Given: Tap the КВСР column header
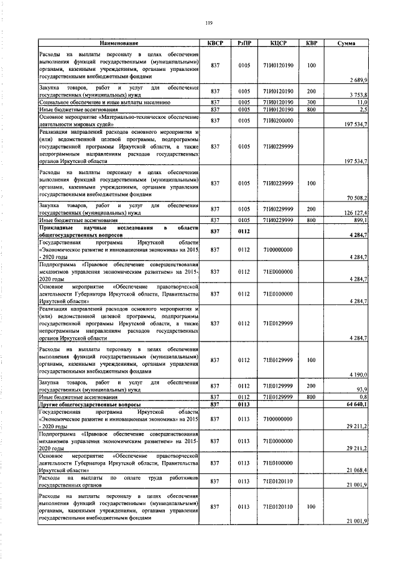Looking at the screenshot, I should tap(215, 43).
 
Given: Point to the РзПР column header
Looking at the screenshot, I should tap(244, 43).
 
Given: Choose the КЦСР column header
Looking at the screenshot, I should tap(277, 43).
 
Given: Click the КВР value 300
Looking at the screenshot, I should tap(312, 102).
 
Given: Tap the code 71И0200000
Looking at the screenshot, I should tap(277, 120).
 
